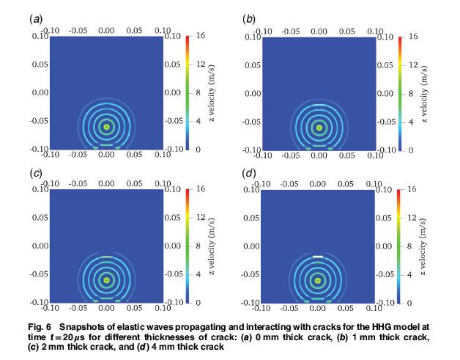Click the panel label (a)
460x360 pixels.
(34, 19)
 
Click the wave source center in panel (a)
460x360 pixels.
(106, 126)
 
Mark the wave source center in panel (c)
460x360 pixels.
(106, 279)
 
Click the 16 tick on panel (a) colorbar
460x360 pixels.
(200, 36)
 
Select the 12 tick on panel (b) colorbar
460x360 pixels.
(412, 65)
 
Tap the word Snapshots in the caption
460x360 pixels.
(82, 325)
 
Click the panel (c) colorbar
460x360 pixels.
(188, 246)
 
